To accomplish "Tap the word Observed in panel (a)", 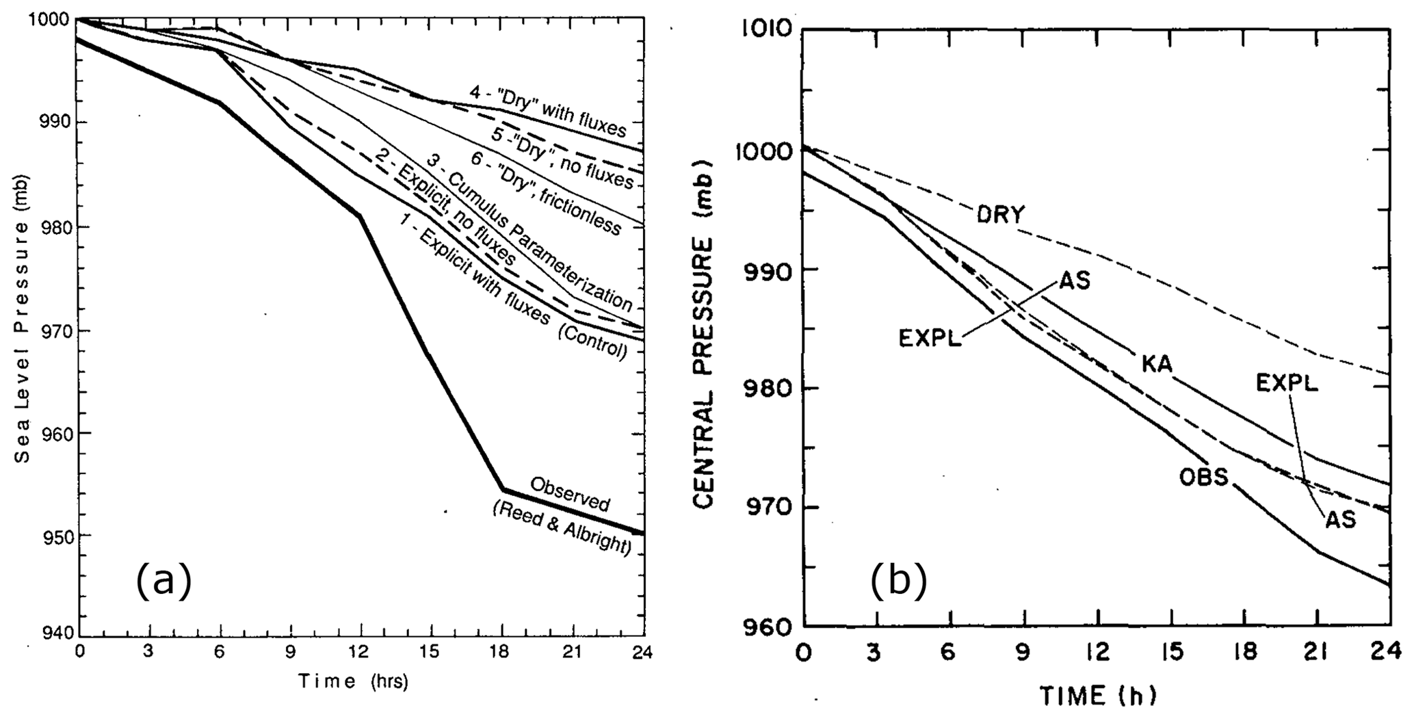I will (570, 494).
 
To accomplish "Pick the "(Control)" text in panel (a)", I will (592, 341).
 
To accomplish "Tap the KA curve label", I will (1157, 364).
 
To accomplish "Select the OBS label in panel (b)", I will (1204, 477).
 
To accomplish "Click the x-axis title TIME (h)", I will (1097, 696).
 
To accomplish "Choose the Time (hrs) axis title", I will (352, 681).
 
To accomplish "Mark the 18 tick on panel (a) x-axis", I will (503, 652).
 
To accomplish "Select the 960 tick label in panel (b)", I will (769, 627).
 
